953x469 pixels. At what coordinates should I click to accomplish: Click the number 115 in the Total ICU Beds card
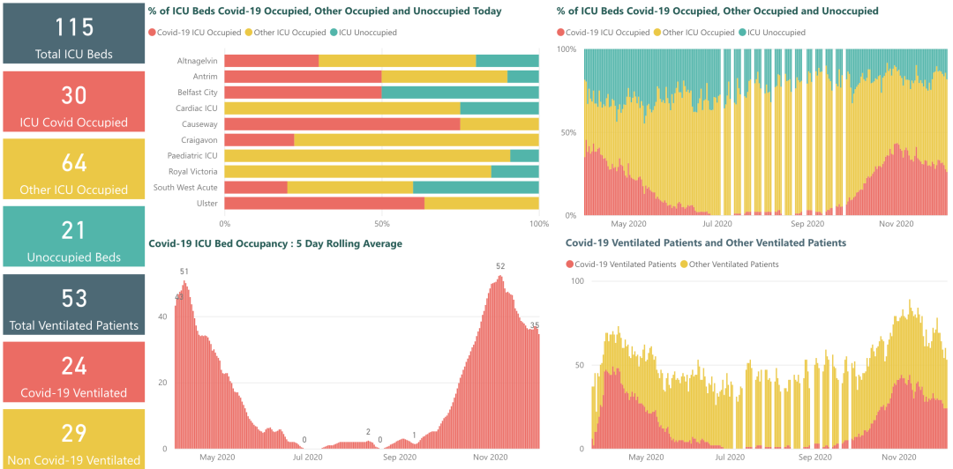tap(74, 26)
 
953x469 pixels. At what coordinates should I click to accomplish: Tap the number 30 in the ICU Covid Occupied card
tap(74, 95)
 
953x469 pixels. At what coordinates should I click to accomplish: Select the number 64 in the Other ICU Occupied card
tap(74, 163)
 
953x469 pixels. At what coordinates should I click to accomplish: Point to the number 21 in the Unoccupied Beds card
tap(74, 230)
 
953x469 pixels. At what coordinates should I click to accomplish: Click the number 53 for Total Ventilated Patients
tap(74, 298)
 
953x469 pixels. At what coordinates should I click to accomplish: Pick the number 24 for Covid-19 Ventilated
tap(74, 366)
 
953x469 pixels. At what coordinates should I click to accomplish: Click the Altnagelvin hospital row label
tap(196, 61)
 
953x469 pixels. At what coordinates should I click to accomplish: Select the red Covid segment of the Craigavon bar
tap(259, 139)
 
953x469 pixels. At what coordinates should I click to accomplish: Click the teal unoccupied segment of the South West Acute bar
tap(476, 187)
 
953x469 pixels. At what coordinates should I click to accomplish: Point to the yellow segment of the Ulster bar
tap(481, 203)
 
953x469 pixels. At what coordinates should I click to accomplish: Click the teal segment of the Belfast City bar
tap(460, 93)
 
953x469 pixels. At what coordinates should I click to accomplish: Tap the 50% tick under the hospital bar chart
tap(381, 224)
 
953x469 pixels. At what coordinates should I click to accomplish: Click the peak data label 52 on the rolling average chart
tap(500, 266)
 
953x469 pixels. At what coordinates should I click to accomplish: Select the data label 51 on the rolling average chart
tap(184, 272)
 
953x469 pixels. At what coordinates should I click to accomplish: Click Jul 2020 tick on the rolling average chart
tap(308, 458)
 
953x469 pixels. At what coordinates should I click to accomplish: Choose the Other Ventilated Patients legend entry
tap(732, 264)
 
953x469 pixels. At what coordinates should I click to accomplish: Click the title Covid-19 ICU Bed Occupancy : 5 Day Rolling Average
tap(275, 243)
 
